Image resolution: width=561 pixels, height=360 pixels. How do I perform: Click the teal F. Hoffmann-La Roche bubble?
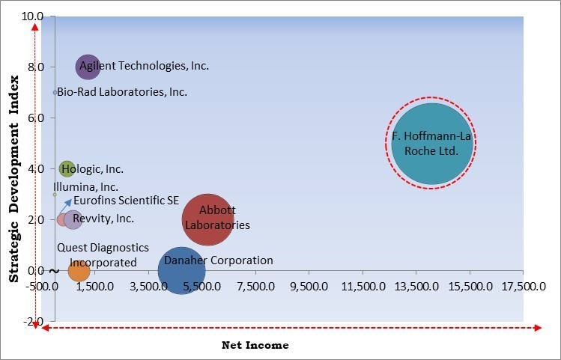point(432,144)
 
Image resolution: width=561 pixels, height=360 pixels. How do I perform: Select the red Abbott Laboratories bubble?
point(207,219)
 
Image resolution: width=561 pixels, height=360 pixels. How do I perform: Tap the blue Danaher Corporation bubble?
point(181,271)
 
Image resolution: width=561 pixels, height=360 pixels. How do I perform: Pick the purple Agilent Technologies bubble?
point(88,67)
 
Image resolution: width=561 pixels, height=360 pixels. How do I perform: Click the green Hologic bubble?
point(67,169)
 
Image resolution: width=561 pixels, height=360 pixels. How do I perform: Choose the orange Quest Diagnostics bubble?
point(79,270)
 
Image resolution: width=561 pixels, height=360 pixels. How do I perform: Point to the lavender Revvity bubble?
point(73,219)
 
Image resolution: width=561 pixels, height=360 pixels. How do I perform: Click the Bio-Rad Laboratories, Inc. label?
point(122,92)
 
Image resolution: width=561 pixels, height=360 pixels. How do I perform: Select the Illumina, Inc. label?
point(85,187)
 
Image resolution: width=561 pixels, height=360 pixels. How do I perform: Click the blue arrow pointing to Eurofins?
point(67,204)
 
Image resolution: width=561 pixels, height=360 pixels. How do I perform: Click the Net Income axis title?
point(255,345)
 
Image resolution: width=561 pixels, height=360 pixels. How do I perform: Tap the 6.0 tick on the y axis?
point(36,118)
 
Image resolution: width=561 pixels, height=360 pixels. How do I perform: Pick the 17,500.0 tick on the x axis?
point(524,286)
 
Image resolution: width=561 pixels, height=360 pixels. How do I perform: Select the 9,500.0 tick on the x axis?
point(310,286)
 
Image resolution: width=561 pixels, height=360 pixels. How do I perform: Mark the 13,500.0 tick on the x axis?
point(417,286)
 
